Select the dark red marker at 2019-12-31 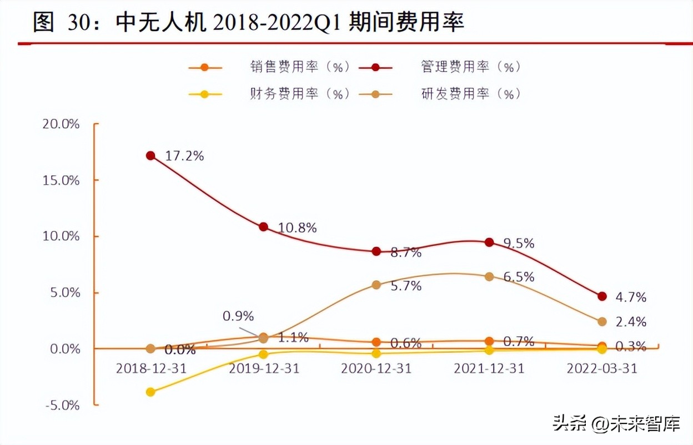[264, 227]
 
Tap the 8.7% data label [405, 253]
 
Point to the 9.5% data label [519, 243]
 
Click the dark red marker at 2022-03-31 [602, 296]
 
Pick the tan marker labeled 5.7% [376, 285]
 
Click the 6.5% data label [519, 277]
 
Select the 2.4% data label [631, 322]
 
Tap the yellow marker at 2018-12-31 [150, 392]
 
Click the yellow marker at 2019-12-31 [264, 354]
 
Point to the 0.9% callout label [238, 316]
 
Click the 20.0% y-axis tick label [61, 124]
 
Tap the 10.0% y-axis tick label [61, 236]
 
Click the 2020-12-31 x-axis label [376, 368]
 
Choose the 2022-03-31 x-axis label [602, 368]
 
